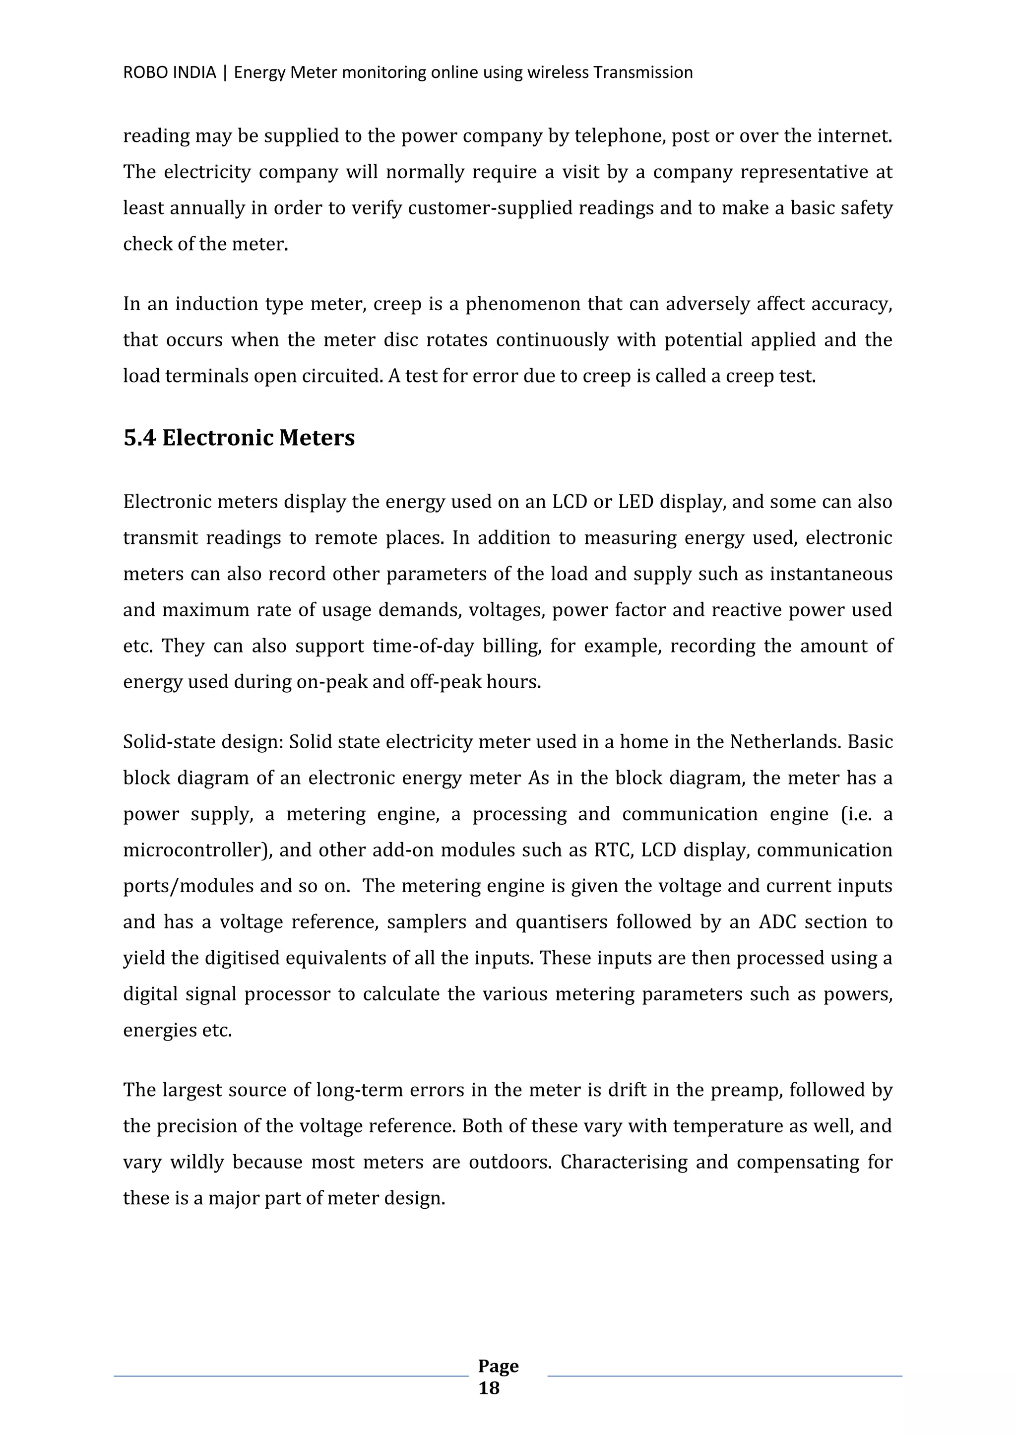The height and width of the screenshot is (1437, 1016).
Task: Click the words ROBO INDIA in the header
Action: [x=169, y=72]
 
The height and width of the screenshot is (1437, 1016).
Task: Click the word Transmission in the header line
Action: [x=642, y=72]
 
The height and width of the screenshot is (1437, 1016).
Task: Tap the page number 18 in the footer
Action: [x=489, y=1388]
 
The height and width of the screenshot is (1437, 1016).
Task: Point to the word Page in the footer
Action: [x=498, y=1366]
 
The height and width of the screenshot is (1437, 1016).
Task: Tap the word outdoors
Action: [x=510, y=1162]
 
